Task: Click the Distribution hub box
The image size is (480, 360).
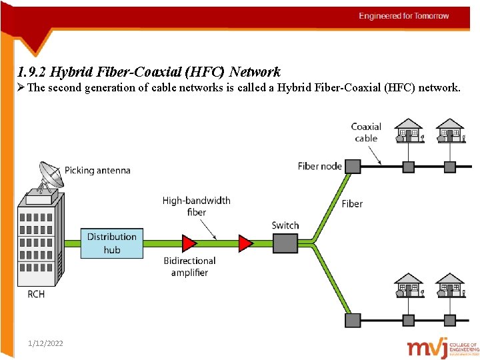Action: pos(112,243)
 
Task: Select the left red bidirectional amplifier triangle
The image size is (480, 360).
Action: pos(189,243)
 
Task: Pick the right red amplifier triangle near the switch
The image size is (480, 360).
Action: pos(246,243)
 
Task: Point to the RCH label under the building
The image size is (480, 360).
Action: pos(36,293)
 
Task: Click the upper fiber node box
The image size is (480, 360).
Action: pos(352,166)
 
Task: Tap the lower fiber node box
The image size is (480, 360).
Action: pos(352,320)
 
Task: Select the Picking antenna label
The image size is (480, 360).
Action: pos(97,170)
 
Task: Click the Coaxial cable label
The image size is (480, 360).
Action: pos(366,132)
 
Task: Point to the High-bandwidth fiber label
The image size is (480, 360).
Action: pos(197,206)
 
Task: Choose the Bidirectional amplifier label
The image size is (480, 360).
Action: pos(190,267)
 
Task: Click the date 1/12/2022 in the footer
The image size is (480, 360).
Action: pos(46,343)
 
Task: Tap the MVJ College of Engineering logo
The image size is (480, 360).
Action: pos(443,347)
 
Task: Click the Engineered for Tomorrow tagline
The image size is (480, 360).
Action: pos(404,16)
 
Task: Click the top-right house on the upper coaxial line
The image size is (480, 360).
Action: pos(450,131)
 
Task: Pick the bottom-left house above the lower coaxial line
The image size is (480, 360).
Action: pos(409,285)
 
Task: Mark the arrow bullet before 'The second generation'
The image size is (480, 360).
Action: pos(22,87)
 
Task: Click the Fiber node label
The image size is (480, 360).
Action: pos(320,166)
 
